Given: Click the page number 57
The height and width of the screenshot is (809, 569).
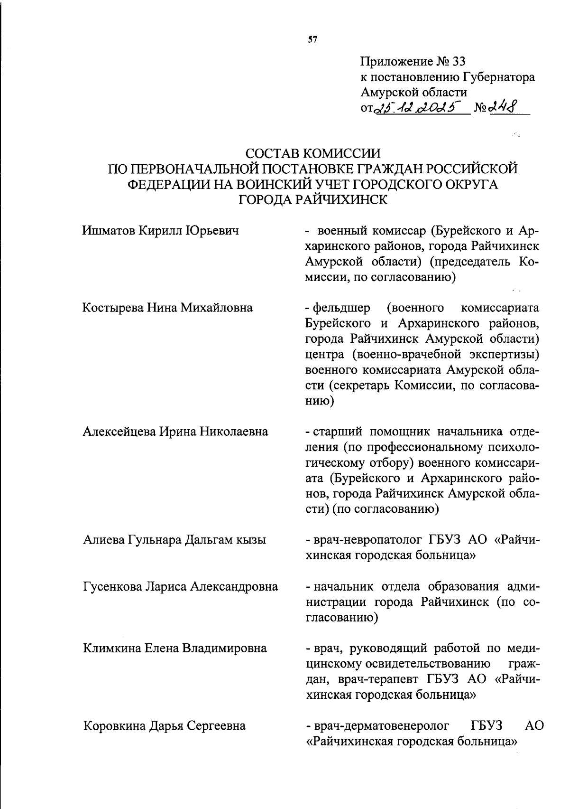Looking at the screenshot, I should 312,40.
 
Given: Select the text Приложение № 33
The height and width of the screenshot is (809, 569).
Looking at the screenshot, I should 413,62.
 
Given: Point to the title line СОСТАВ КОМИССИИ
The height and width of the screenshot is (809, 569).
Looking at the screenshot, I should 313,154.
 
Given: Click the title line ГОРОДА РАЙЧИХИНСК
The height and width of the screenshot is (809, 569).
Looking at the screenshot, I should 313,199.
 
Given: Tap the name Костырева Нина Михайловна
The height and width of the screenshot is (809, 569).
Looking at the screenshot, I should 167,308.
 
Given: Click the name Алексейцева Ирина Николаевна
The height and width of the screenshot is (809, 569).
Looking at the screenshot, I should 175,432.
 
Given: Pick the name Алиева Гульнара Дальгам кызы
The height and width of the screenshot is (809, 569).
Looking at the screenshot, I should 174,540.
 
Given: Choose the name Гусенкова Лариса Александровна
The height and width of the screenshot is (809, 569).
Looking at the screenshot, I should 180,586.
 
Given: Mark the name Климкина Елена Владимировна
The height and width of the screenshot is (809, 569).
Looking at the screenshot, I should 174,648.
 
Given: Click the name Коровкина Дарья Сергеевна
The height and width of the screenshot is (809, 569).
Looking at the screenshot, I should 165,725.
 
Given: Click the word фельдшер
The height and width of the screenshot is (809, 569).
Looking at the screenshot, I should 341,308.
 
